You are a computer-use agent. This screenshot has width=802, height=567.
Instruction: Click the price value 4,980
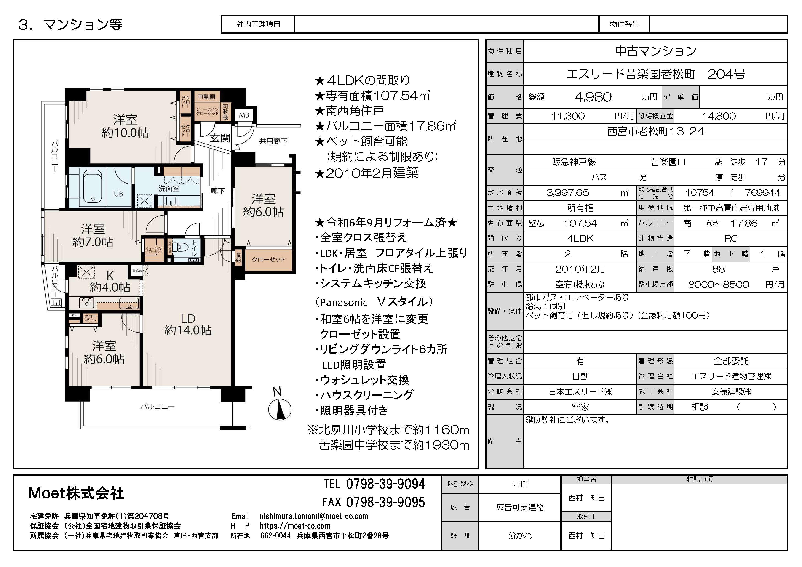593,97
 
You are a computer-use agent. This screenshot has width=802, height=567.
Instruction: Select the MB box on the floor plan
244,115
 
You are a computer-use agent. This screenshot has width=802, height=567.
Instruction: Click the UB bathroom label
118,194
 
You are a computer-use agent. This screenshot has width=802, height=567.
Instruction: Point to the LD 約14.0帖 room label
188,324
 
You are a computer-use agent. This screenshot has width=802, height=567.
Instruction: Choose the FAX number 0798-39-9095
385,502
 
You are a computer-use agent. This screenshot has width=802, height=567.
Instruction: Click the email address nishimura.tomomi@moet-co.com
314,516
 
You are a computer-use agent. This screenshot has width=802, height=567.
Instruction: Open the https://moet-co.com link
295,526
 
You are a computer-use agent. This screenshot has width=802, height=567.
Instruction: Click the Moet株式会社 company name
76,493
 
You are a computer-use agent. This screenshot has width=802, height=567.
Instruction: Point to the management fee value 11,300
568,116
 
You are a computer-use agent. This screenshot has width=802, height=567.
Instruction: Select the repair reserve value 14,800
719,116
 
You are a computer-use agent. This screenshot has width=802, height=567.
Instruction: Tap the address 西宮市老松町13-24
656,131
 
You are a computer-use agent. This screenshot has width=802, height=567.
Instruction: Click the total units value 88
719,269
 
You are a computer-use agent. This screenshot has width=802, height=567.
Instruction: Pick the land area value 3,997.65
568,193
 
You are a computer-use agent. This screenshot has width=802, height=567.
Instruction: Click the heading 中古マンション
656,51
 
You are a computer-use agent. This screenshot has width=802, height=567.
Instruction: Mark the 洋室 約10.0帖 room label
125,126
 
